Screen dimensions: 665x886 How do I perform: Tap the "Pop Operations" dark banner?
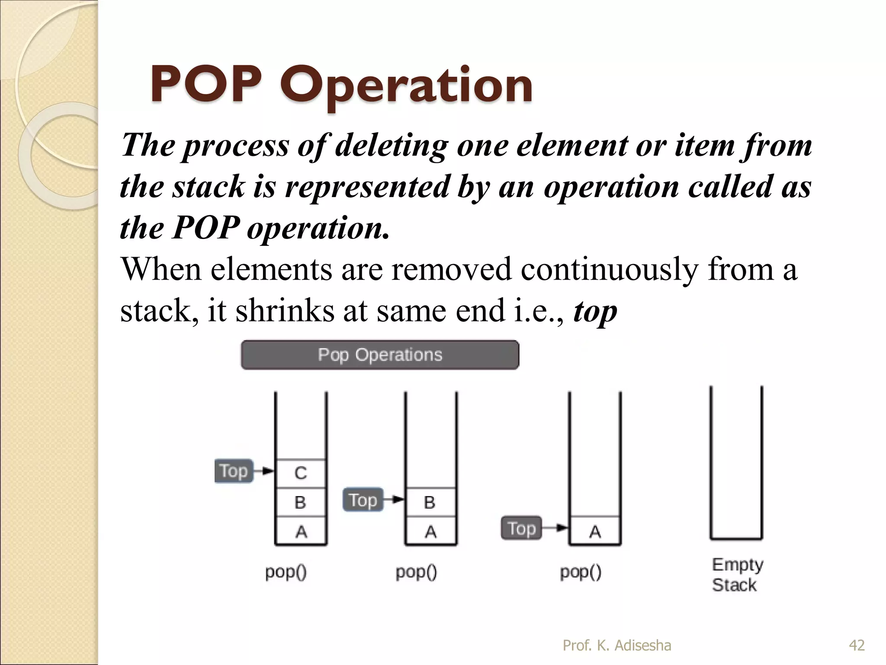pos(380,355)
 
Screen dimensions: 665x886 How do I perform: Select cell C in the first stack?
pos(301,473)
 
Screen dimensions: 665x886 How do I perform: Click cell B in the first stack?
pos(301,502)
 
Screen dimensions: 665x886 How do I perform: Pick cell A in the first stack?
pos(301,531)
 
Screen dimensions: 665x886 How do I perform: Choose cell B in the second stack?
pos(430,502)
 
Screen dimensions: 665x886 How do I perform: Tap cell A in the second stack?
pos(430,531)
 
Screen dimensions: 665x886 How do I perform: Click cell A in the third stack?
pos(595,531)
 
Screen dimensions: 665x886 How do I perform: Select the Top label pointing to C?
pos(234,471)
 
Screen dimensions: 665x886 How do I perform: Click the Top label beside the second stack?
pos(363,500)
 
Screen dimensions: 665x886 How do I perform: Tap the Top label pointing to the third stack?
pos(521,528)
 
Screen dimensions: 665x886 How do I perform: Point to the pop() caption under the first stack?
pos(286,572)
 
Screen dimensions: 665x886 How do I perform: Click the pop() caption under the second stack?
pos(416,572)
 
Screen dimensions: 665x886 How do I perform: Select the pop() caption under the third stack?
pos(581,572)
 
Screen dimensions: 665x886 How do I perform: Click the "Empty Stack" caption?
pos(737,575)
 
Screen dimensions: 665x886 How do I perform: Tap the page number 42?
pos(857,646)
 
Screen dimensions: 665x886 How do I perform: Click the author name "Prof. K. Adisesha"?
pos(617,646)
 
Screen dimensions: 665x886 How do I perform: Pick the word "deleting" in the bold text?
pos(392,145)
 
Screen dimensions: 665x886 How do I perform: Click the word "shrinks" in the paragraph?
pos(285,311)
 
